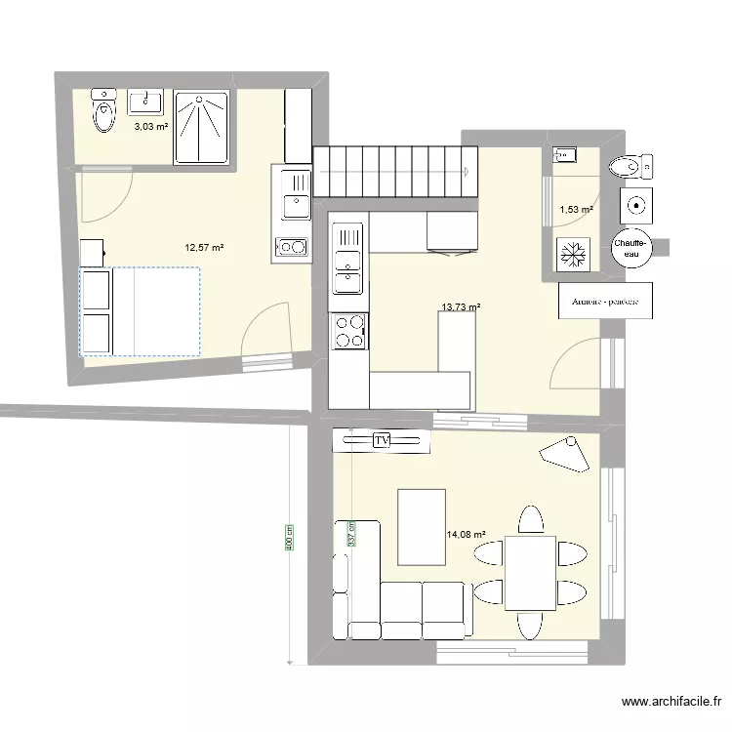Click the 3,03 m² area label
click(150, 127)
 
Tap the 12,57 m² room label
click(205, 248)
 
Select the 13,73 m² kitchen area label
click(461, 307)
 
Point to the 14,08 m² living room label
click(466, 534)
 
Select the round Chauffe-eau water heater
click(631, 248)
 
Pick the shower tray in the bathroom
click(201, 126)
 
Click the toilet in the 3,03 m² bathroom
click(102, 113)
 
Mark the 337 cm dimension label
click(350, 533)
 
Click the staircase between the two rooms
click(396, 171)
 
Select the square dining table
click(530, 572)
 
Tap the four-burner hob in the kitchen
click(348, 330)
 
